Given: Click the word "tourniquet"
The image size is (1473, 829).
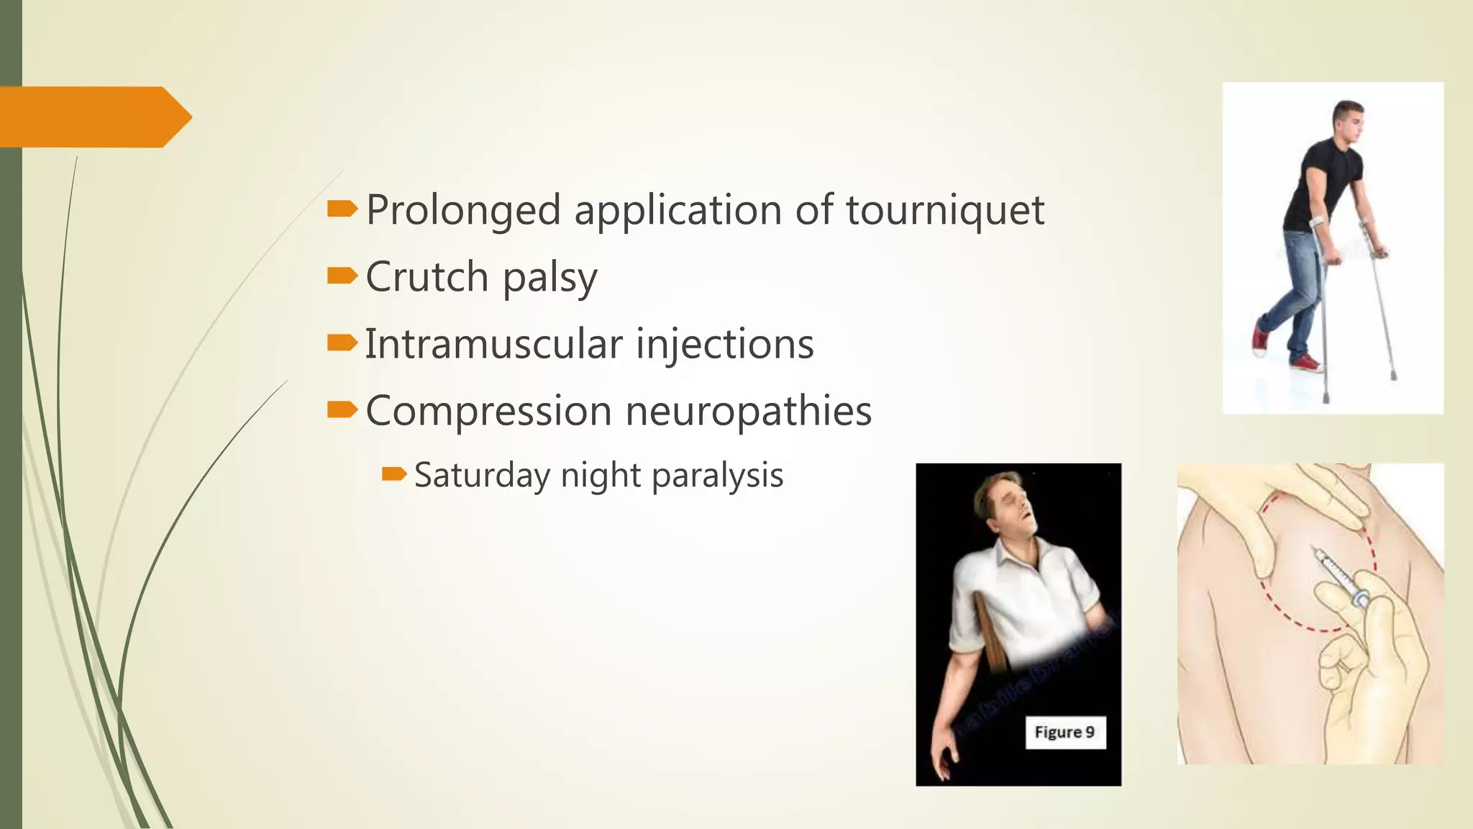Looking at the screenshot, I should pos(944,211).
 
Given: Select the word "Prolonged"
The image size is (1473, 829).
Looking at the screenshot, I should pos(463,211).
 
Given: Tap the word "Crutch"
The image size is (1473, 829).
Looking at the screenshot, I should pos(427,277).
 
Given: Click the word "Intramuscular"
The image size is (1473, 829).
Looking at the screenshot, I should pos(493,344).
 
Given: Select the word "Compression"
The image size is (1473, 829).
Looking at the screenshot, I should pos(488,412).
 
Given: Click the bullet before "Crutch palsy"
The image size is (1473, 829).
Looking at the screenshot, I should pos(342,276).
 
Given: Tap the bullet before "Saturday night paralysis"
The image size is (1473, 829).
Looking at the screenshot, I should pos(394,474).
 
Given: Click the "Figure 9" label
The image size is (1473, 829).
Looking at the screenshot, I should pos(1064,733).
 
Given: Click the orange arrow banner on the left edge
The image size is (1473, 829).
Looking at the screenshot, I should pos(94,117).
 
